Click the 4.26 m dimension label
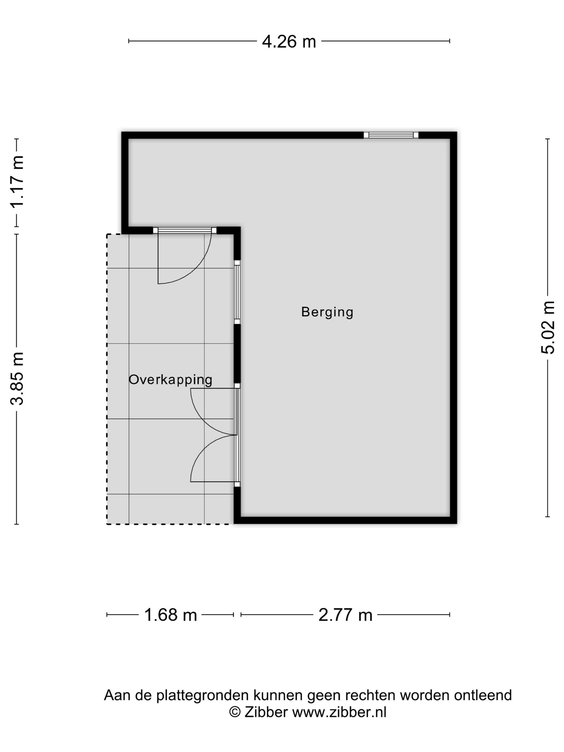pyautogui.click(x=289, y=42)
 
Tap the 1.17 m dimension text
pyautogui.click(x=17, y=182)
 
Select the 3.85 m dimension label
pyautogui.click(x=17, y=379)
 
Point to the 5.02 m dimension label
pyautogui.click(x=548, y=327)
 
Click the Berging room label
pyautogui.click(x=327, y=312)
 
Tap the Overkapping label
pyautogui.click(x=170, y=380)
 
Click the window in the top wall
pyautogui.click(x=391, y=135)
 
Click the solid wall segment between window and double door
pyautogui.click(x=237, y=354)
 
